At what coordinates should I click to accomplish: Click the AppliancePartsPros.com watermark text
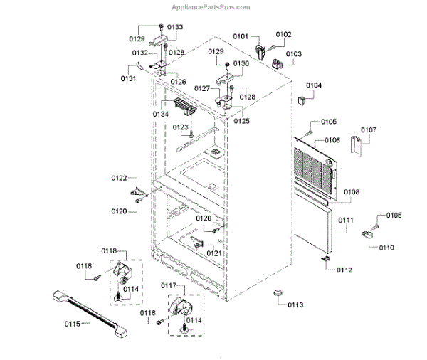[x=211, y=8]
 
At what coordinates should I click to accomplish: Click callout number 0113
[x=295, y=305]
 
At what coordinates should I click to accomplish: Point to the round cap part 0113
[x=278, y=295]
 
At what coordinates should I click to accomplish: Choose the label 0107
[x=369, y=130]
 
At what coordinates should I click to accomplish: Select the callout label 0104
[x=314, y=85]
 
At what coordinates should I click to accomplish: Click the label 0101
[x=241, y=36]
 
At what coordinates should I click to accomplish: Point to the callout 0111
[x=346, y=221]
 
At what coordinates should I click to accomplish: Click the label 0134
[x=160, y=114]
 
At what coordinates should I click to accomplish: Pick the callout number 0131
[x=128, y=78]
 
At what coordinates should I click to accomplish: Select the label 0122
[x=119, y=178]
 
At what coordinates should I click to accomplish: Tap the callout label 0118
[x=109, y=252]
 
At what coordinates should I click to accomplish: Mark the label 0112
[x=344, y=270]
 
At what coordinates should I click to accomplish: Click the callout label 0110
[x=386, y=247]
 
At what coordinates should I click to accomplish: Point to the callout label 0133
[x=174, y=27]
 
